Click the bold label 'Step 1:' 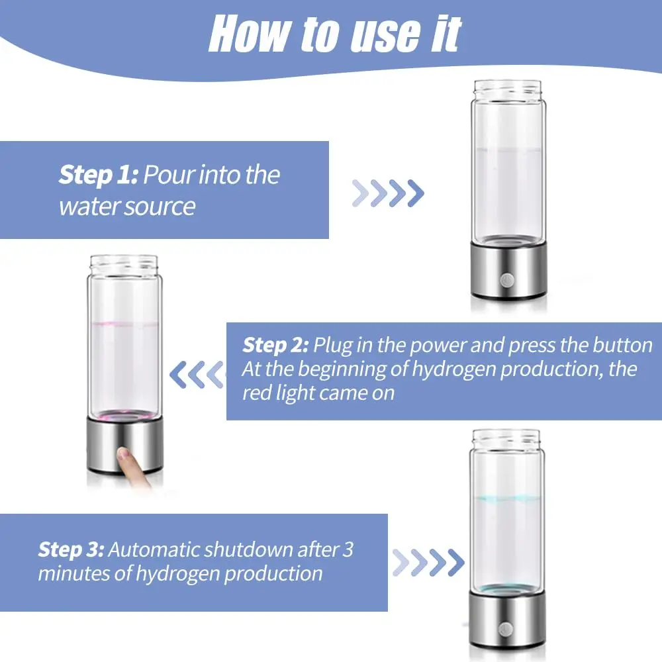[x=98, y=175]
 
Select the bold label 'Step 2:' [x=275, y=345]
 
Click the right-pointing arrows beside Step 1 [x=387, y=193]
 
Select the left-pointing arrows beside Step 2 [x=197, y=375]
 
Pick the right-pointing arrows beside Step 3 [x=428, y=563]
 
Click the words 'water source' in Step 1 [x=127, y=207]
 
